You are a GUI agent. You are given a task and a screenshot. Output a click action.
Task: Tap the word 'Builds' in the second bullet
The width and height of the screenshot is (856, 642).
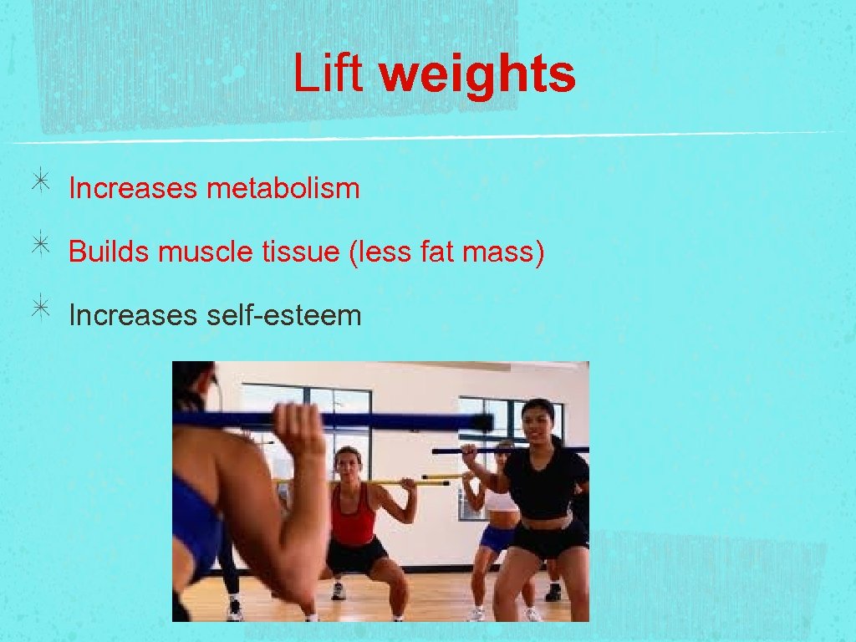pyautogui.click(x=109, y=252)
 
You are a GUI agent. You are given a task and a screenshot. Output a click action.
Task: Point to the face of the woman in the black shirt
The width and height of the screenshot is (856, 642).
pyautogui.click(x=538, y=423)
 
